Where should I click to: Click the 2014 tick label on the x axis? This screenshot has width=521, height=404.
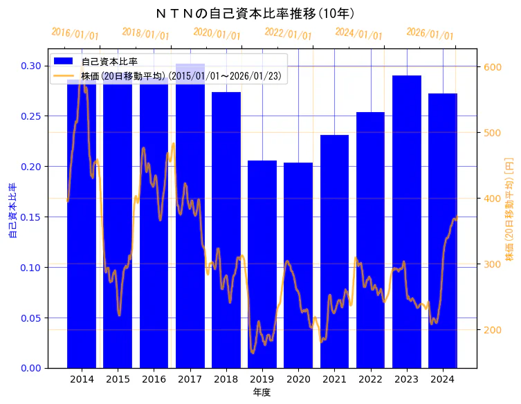(x=82, y=379)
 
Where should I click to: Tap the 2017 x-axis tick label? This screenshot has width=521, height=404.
(x=190, y=379)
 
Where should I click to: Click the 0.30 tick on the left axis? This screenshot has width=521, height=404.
(x=30, y=66)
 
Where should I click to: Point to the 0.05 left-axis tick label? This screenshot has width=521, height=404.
(x=30, y=318)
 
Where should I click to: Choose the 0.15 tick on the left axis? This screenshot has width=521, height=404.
(x=30, y=217)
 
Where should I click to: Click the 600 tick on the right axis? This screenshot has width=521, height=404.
(x=493, y=66)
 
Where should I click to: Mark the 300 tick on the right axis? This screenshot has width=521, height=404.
(x=493, y=264)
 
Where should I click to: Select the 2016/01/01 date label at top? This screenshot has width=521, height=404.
(x=75, y=34)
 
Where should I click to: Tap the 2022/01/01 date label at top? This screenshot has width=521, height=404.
(x=289, y=34)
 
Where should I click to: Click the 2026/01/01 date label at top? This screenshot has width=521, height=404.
(x=430, y=34)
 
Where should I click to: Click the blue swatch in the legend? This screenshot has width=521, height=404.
(x=64, y=61)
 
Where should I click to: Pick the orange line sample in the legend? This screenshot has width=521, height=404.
(x=64, y=76)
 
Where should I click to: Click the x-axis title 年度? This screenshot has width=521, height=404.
(x=262, y=392)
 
